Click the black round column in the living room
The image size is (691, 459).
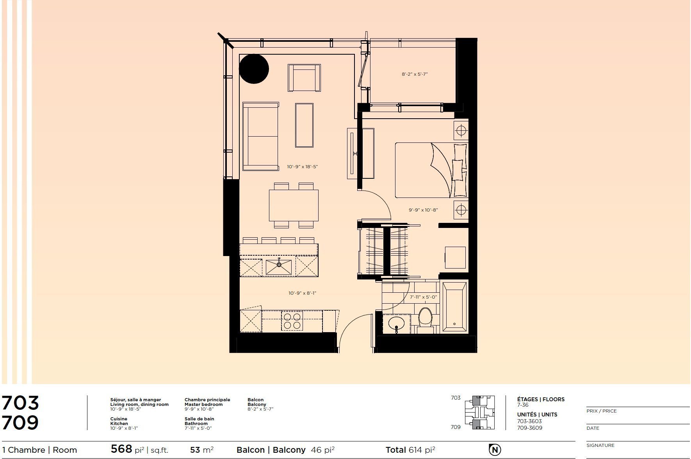point(254,69)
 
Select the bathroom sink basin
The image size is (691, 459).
point(397,324)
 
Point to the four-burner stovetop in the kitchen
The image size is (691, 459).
point(292,321)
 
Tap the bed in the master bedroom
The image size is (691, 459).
point(431,170)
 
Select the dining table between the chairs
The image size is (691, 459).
point(294,205)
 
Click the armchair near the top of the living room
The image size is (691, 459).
point(305,78)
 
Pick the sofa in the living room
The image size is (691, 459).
point(260,137)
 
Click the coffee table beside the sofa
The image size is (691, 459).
point(305,125)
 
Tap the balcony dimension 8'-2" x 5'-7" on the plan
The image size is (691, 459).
point(415,74)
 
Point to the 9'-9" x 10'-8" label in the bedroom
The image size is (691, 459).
point(423,210)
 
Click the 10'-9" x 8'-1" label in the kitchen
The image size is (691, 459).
point(303,293)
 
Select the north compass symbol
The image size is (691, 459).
point(495,450)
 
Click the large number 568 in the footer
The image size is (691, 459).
point(121,449)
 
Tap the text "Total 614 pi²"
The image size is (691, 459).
point(410,450)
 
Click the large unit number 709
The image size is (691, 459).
point(20,423)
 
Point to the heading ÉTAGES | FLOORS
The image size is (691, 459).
point(541,399)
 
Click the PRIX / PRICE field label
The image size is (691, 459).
point(601,411)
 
